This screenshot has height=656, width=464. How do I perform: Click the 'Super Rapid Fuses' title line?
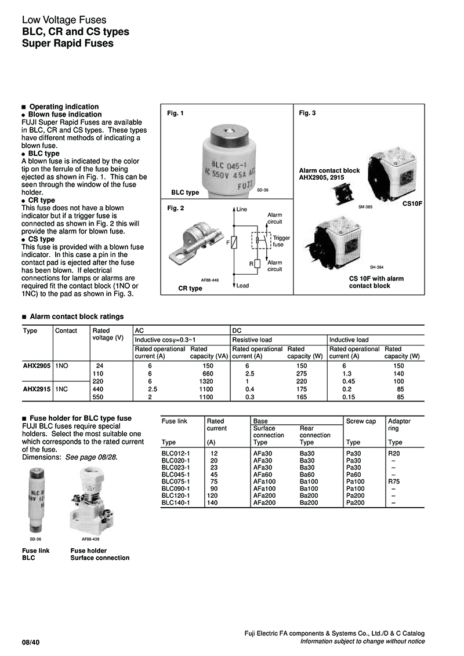pos(67,43)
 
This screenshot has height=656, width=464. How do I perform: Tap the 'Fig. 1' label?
pos(175,113)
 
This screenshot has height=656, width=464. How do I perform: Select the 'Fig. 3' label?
pos(307,113)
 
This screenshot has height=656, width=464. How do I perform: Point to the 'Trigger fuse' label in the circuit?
pos(281,241)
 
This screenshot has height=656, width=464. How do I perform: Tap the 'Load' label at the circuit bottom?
pos(242,285)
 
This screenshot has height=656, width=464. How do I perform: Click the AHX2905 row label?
pos(37,366)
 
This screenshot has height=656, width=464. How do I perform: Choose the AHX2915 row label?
pos(37,389)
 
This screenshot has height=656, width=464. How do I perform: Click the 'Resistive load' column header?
pos(252,340)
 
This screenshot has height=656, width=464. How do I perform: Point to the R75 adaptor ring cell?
pos(394,481)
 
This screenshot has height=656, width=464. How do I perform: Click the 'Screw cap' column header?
pos(361,421)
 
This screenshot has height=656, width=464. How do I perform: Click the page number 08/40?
pos(31,642)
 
